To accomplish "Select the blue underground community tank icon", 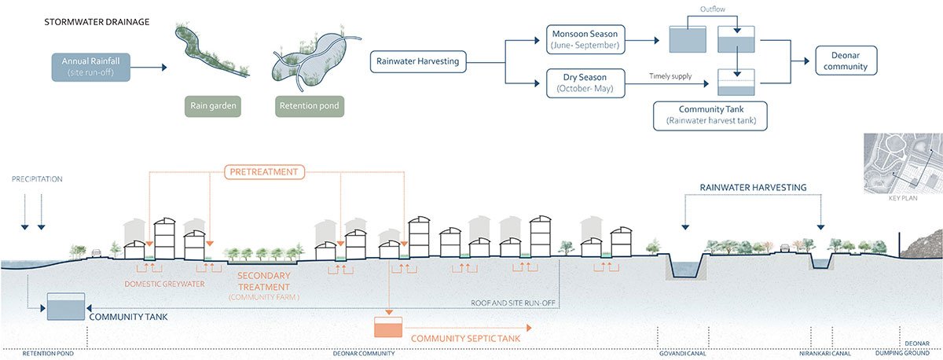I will coord(66,307).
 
